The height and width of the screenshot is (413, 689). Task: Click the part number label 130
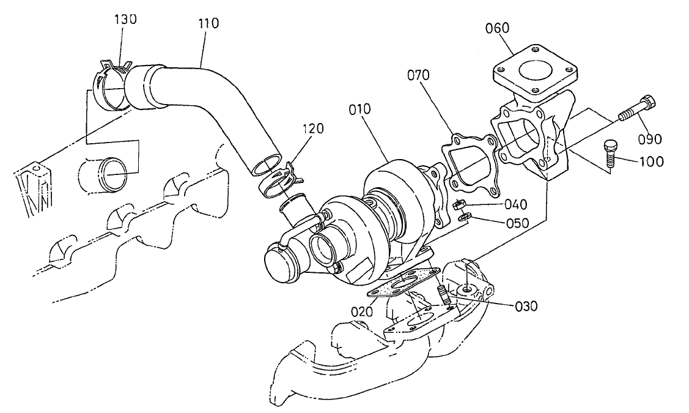pyautogui.click(x=125, y=18)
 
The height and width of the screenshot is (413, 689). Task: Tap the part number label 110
pyautogui.click(x=208, y=24)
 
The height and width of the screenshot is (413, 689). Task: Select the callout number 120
pyautogui.click(x=312, y=128)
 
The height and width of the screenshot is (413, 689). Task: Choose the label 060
pyautogui.click(x=498, y=28)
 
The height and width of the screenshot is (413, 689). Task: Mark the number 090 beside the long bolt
pyautogui.click(x=650, y=139)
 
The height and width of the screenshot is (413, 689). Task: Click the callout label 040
pyautogui.click(x=517, y=204)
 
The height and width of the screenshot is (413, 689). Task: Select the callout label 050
pyautogui.click(x=517, y=222)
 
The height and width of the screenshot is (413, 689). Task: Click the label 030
pyautogui.click(x=525, y=306)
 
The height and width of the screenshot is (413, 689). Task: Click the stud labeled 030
pyautogui.click(x=443, y=295)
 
